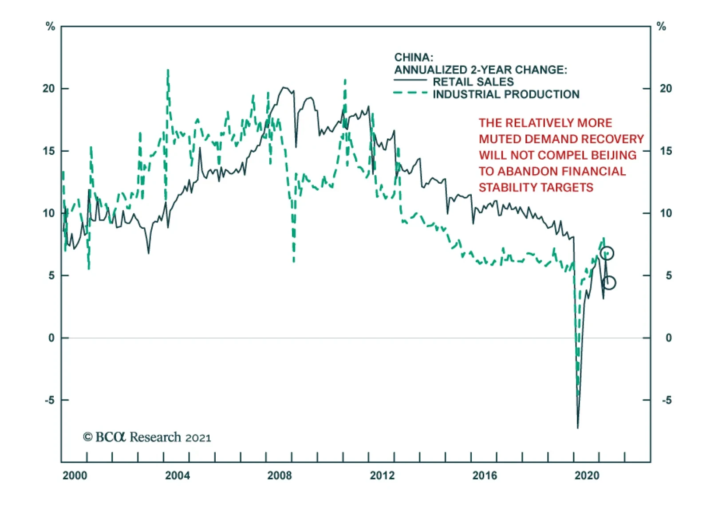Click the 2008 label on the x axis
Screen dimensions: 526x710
pyautogui.click(x=280, y=475)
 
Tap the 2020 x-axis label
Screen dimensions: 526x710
pyautogui.click(x=587, y=475)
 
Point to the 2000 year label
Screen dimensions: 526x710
pyautogui.click(x=75, y=475)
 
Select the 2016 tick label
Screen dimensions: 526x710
pyautogui.click(x=485, y=475)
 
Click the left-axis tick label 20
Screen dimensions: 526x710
pyautogui.click(x=49, y=88)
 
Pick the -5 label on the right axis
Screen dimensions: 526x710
pyautogui.click(x=667, y=400)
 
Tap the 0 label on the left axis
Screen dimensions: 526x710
pyautogui.click(x=52, y=338)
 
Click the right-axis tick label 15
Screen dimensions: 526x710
pyautogui.click(x=666, y=151)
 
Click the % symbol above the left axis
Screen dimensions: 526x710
pyautogui.click(x=50, y=27)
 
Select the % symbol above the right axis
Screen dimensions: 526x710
pyautogui.click(x=661, y=27)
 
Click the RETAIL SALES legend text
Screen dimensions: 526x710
pyautogui.click(x=473, y=82)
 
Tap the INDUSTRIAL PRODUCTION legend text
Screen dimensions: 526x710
pyautogui.click(x=506, y=94)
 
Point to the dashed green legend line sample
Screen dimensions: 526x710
pyautogui.click(x=410, y=93)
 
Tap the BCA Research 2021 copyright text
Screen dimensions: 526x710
pyautogui.click(x=147, y=437)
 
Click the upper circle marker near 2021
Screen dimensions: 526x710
pyautogui.click(x=607, y=253)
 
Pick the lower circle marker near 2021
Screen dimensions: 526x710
pyautogui.click(x=609, y=283)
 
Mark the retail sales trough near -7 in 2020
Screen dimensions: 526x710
pyautogui.click(x=578, y=428)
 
